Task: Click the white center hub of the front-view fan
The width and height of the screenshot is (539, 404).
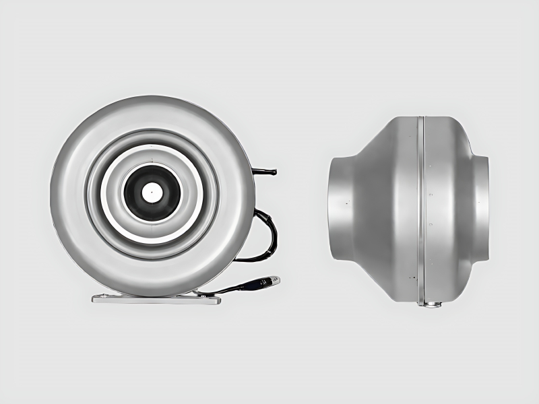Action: pyautogui.click(x=151, y=192)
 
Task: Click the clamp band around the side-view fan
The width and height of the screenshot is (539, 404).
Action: pyautogui.click(x=421, y=209)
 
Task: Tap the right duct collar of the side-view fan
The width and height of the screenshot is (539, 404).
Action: pyautogui.click(x=480, y=209)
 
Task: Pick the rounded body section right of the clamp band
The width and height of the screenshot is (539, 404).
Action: pyautogui.click(x=448, y=209)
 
